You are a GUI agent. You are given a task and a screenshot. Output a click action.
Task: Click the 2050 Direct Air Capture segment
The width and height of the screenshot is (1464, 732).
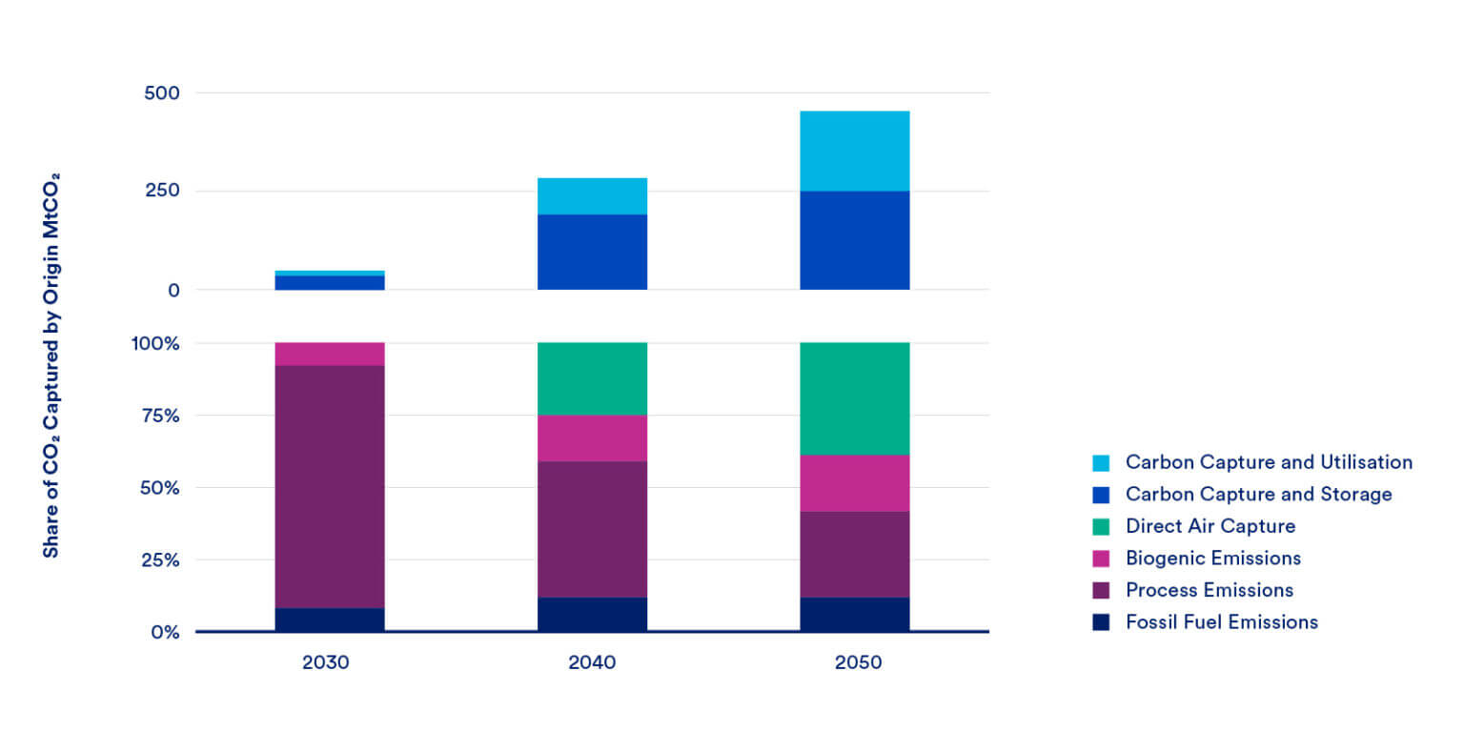pos(854,398)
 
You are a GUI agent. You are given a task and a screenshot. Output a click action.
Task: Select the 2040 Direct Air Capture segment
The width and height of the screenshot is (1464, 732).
pos(592,378)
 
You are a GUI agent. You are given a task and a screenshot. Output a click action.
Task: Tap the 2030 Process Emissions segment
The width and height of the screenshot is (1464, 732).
pos(330,486)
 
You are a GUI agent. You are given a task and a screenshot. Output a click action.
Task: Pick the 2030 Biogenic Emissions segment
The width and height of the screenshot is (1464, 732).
pos(330,354)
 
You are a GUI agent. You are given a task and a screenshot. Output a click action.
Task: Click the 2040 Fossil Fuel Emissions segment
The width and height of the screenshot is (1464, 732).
pos(592,614)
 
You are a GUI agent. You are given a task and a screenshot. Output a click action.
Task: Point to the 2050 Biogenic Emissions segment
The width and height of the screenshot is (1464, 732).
pos(854,483)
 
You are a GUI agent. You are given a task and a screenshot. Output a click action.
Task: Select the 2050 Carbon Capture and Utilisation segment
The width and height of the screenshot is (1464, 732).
pos(854,151)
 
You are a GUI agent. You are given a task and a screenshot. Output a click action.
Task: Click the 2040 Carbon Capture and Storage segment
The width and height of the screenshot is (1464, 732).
pos(592,252)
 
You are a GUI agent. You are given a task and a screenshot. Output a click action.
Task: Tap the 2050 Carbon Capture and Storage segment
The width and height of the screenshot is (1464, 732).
pos(854,240)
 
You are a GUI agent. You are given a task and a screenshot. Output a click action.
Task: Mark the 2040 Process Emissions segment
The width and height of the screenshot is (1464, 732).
pos(592,529)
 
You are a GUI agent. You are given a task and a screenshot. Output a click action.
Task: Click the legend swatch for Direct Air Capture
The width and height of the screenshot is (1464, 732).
pos(1102,526)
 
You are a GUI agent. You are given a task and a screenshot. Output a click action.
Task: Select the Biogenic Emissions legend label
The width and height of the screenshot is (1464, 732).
pos(1212,558)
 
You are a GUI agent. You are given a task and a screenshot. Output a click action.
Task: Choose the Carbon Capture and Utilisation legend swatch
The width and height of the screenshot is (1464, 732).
pos(1102,462)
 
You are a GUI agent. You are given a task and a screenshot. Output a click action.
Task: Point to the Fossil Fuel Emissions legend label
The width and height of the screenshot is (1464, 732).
pos(1221,621)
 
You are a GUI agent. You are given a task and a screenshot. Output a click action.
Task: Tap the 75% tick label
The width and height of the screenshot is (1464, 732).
pos(157,416)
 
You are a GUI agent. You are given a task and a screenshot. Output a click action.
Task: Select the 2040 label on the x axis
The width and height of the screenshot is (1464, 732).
pos(592,662)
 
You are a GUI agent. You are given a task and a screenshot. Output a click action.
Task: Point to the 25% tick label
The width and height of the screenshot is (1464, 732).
pos(157,559)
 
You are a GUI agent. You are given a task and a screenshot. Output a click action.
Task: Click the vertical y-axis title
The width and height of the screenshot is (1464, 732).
pos(51,365)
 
